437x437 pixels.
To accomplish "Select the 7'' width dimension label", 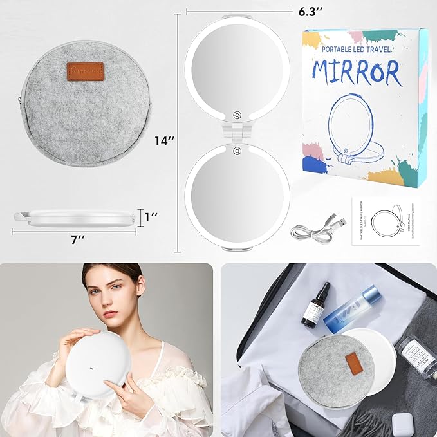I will pyautogui.click(x=78, y=239).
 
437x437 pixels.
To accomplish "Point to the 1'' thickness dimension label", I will pyautogui.click(x=152, y=217).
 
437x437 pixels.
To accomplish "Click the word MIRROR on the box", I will pyautogui.click(x=358, y=73).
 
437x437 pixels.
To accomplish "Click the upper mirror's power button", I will pyautogui.click(x=237, y=114).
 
